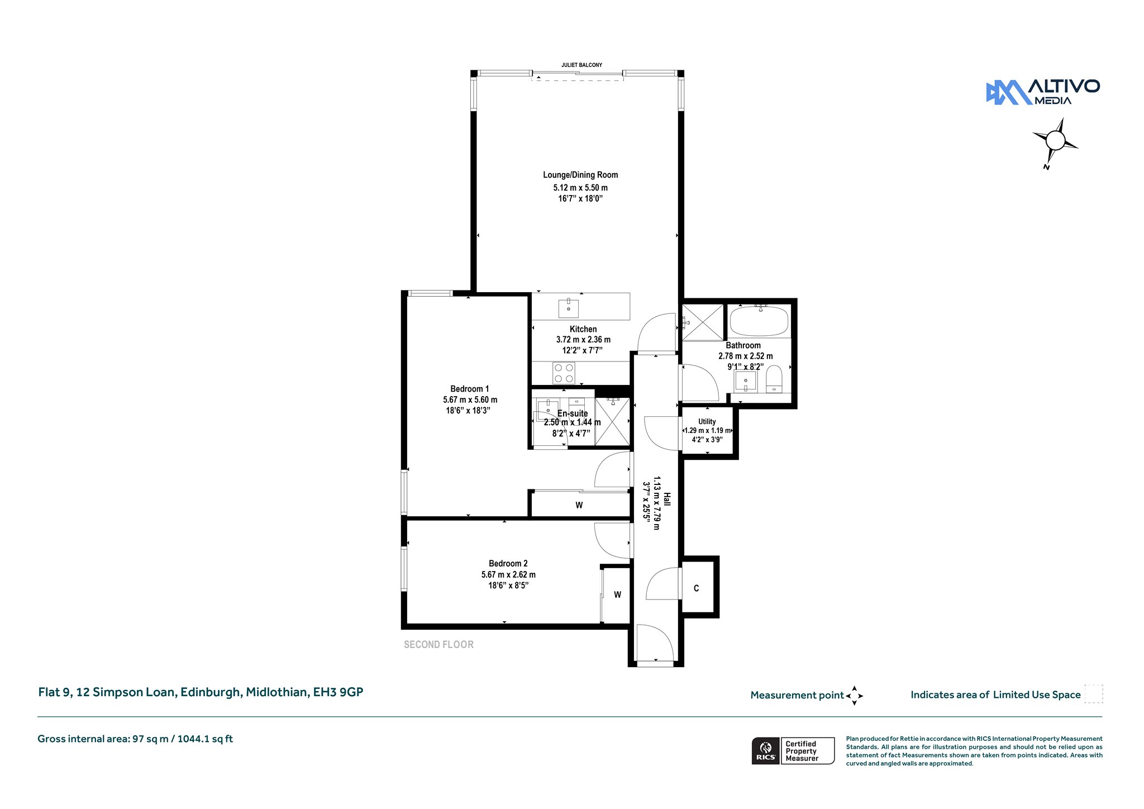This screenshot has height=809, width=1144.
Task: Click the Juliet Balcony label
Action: click(581, 65)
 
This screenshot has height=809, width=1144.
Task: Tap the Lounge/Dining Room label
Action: click(580, 175)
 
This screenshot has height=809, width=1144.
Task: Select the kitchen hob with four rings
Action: click(564, 373)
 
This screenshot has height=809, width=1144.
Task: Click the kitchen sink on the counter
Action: click(569, 308)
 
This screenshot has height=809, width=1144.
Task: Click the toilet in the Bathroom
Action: click(774, 379)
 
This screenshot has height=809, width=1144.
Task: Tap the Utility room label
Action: click(707, 422)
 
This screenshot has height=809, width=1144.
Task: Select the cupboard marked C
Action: click(698, 587)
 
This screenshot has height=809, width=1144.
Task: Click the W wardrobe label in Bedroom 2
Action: click(617, 595)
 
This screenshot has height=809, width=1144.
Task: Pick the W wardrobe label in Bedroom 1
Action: click(579, 505)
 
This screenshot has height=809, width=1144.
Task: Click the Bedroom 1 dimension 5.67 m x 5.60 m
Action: click(470, 400)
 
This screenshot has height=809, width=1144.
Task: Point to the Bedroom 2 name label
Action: click(508, 564)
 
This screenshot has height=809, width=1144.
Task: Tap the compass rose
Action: click(1055, 141)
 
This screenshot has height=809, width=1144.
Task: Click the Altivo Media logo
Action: click(1043, 92)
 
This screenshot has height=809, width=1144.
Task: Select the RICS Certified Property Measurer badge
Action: click(793, 751)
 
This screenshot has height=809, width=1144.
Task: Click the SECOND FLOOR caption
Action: click(438, 645)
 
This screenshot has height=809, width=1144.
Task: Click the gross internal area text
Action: click(135, 739)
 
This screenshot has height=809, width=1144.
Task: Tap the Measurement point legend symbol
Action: click(855, 696)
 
